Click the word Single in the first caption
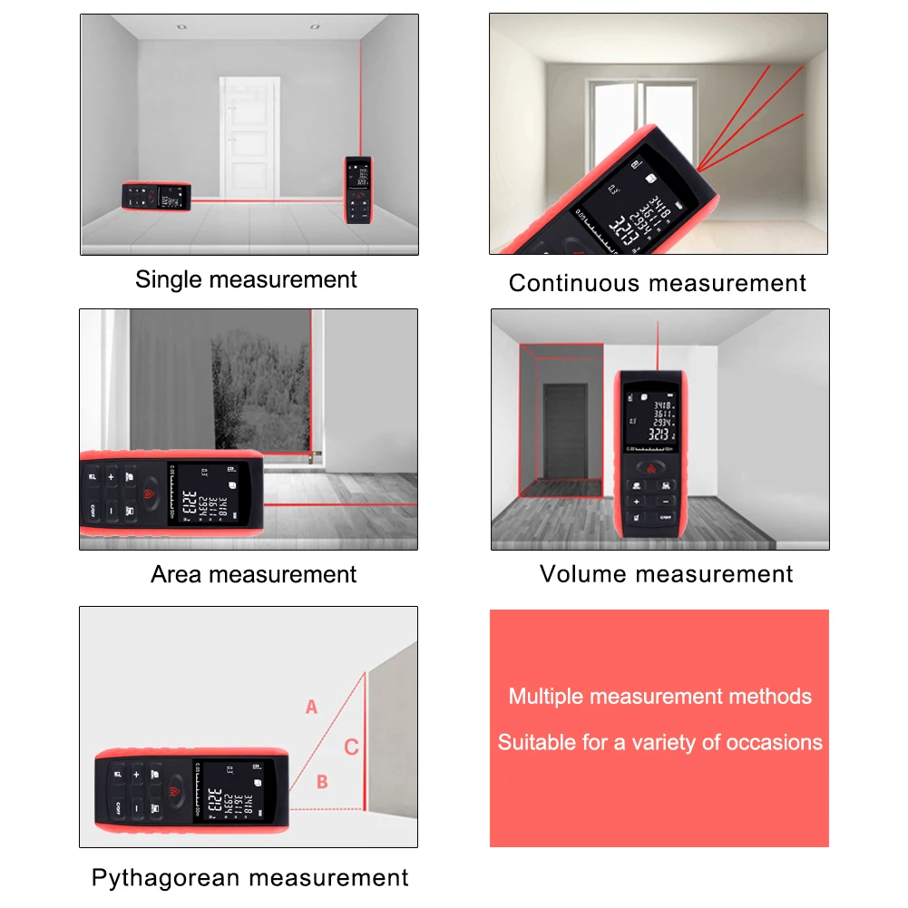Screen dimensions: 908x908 [x=169, y=279]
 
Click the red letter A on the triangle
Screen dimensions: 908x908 [x=311, y=707]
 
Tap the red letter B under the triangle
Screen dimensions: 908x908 [x=322, y=782]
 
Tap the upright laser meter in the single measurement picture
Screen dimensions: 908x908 [x=358, y=190]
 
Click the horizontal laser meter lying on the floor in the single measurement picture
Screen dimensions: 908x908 [x=156, y=196]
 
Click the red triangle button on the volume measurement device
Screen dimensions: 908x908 [x=649, y=470]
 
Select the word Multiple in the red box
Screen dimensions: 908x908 [x=546, y=697]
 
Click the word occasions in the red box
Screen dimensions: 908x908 [x=781, y=743]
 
